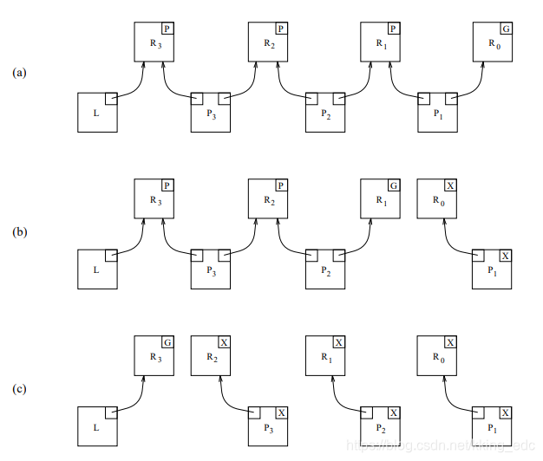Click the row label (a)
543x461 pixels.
[19, 74]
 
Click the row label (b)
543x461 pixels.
[19, 231]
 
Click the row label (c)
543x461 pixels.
[19, 389]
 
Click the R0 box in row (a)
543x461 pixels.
[493, 42]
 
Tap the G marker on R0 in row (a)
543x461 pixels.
[507, 29]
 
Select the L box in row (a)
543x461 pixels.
[97, 112]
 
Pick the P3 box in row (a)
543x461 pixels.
[210, 112]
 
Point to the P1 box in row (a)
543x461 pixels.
[437, 112]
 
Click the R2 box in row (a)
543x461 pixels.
[267, 42]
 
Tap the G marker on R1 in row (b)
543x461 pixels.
[393, 186]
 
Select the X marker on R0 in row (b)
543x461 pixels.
[449, 186]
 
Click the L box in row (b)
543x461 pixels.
[97, 269]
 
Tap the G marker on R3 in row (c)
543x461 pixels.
[167, 343]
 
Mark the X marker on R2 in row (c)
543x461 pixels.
[224, 343]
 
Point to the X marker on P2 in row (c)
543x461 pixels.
[394, 413]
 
